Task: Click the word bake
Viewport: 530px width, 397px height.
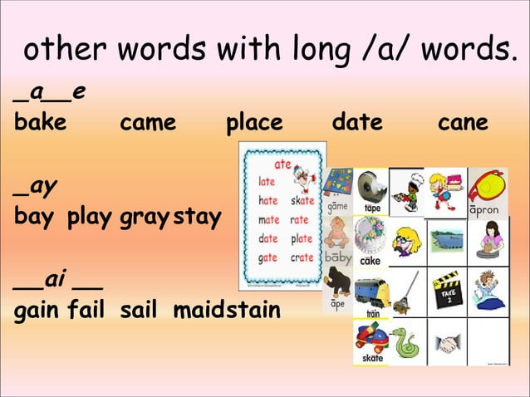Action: tap(40, 123)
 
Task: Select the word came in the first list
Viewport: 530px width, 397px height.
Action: tap(148, 123)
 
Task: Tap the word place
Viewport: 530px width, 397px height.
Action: tap(254, 123)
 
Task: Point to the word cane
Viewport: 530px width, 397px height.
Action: tap(463, 123)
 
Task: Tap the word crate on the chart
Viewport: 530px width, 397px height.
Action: tap(302, 257)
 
